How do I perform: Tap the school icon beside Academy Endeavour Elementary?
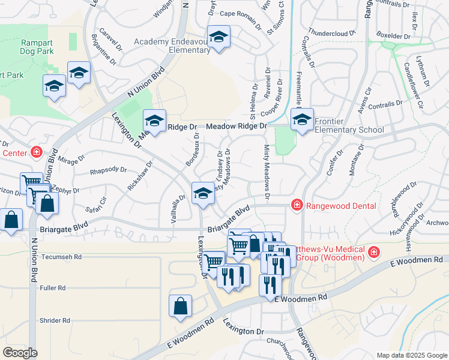click(x=218, y=37)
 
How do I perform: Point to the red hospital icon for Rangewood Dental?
click(x=297, y=206)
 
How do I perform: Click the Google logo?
click(x=20, y=353)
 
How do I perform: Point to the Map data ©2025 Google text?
click(x=411, y=355)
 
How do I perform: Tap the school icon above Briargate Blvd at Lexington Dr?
click(x=203, y=193)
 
